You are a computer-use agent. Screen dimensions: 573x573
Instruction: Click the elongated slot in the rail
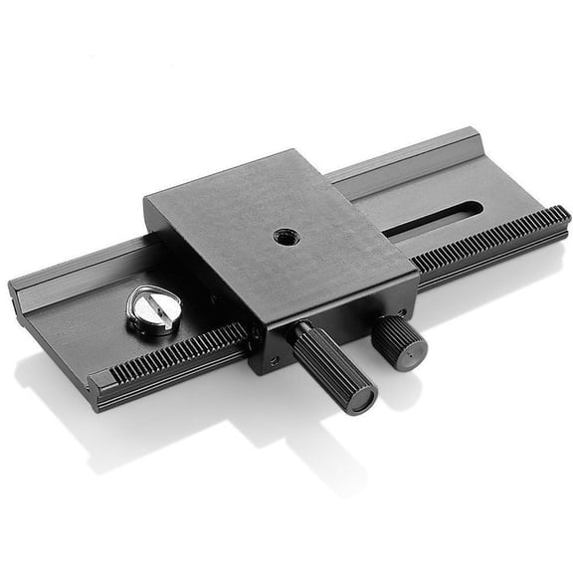433,218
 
